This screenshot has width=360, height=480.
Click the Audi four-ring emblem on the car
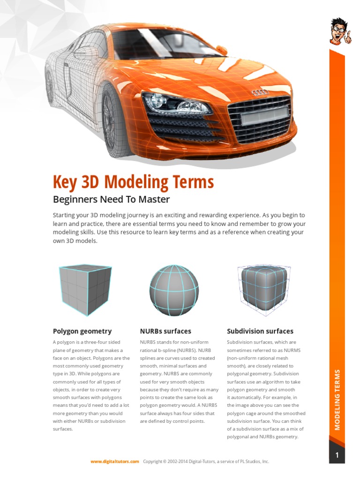click(x=260, y=92)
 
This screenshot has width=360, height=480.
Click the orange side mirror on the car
click(x=221, y=50)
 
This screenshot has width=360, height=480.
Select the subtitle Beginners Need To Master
click(x=111, y=199)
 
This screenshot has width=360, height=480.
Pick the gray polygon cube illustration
click(x=85, y=289)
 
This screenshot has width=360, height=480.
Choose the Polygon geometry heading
click(x=82, y=331)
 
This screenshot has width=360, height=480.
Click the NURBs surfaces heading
click(x=165, y=331)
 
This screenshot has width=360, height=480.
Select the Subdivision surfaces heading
click(x=260, y=331)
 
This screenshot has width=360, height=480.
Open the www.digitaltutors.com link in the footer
click(x=115, y=462)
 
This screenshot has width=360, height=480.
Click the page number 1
click(x=337, y=455)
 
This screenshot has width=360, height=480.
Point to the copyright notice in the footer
click(x=206, y=462)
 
